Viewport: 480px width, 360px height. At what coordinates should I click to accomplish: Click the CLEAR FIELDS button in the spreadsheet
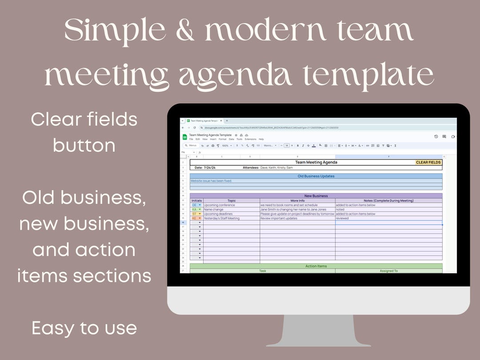tap(428, 162)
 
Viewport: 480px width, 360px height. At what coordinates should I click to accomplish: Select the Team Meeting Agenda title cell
tap(316, 162)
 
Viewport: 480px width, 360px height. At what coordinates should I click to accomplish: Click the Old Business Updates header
tap(316, 176)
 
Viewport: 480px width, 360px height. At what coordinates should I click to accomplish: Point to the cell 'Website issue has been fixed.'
tap(211, 181)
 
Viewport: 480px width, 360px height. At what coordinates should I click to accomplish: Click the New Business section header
tap(316, 196)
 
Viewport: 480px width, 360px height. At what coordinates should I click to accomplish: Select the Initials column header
tap(196, 200)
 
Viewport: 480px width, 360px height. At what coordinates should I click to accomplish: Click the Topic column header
tap(232, 200)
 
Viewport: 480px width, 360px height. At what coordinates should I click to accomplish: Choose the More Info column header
tap(297, 200)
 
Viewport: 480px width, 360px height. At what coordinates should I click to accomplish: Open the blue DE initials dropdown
tap(196, 205)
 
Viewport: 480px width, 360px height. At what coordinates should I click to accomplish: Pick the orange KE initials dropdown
tap(196, 218)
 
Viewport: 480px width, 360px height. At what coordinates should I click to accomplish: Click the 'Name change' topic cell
tap(214, 209)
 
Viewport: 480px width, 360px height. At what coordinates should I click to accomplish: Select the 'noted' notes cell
tap(340, 209)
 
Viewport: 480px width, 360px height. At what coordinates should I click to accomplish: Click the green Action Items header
tap(316, 266)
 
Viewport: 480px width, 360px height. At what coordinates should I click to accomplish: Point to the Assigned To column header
tap(388, 271)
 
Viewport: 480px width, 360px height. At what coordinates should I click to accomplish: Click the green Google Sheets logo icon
tap(184, 137)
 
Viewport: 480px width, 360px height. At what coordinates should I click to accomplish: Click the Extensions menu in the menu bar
tap(251, 139)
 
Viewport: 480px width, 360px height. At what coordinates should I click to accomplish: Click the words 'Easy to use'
tap(84, 328)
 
